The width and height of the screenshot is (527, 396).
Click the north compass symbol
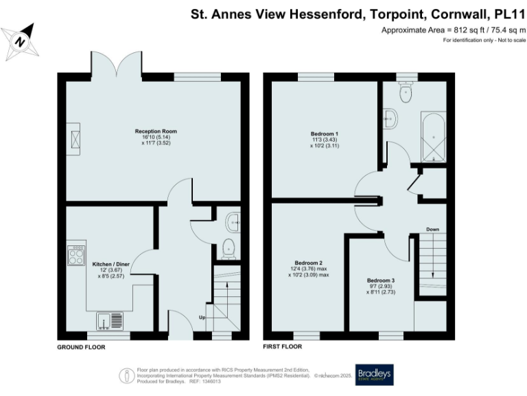pos(21,40)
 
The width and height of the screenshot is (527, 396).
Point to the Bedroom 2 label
pos(309,263)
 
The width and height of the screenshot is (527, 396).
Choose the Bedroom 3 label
pos(380,280)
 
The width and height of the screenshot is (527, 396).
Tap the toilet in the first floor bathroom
pos(406,91)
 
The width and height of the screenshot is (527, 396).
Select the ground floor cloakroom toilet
pos(230,247)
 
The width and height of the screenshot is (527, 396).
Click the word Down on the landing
pos(432,229)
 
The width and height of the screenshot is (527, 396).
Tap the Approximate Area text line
pos(453,30)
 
